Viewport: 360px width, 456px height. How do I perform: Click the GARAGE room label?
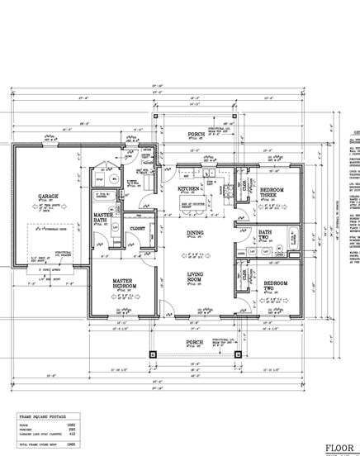point(47,196)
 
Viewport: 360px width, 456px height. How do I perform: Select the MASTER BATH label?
point(103,217)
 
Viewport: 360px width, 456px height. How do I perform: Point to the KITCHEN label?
point(188,189)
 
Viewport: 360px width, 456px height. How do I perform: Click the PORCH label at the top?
point(195,136)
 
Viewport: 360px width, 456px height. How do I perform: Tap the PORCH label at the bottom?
point(194,341)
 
